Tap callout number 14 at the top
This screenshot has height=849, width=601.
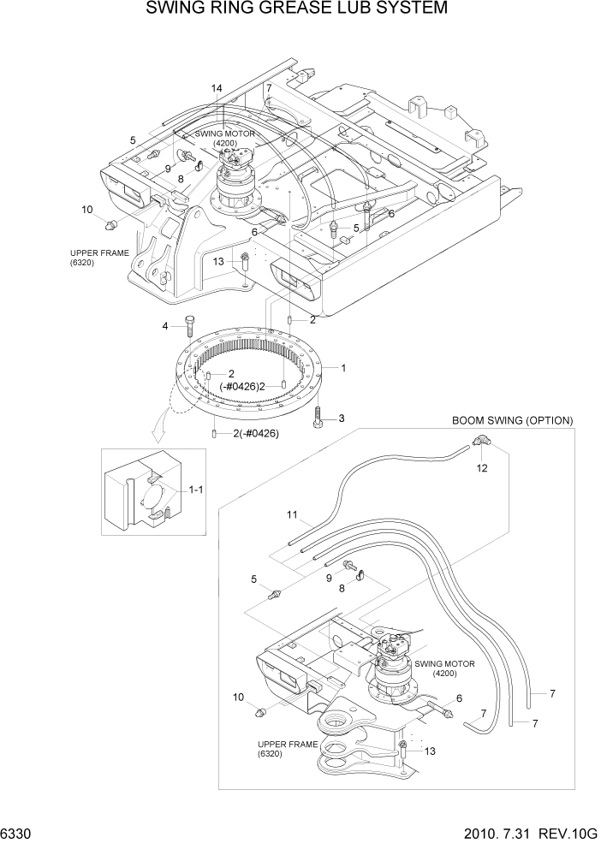[x=217, y=89]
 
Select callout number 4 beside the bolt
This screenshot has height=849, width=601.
[x=166, y=325]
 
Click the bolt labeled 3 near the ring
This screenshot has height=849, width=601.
[x=318, y=419]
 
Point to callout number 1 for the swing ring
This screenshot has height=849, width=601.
[x=342, y=368]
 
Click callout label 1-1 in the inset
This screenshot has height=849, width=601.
[x=195, y=490]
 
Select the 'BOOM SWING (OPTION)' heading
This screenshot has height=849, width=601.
[x=511, y=420]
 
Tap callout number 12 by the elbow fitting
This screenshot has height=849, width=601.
[x=482, y=467]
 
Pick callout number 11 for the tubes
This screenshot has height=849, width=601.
[x=292, y=514]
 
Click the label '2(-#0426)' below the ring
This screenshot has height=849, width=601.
[x=256, y=433]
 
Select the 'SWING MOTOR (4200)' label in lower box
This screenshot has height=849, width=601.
[x=443, y=668]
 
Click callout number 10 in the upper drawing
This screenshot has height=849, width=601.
[x=87, y=209]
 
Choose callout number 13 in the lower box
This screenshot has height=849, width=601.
[x=430, y=751]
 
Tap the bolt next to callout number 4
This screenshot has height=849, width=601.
[x=189, y=327]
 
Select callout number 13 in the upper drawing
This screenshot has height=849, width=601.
[x=218, y=261]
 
